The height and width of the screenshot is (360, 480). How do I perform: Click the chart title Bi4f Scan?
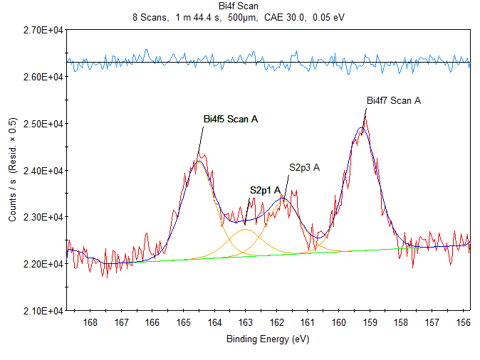(239, 6)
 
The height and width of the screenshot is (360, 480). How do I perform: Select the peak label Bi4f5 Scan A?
(230, 119)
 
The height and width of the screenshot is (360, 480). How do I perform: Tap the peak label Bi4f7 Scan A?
(393, 100)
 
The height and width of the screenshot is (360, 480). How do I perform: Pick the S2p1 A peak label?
(265, 190)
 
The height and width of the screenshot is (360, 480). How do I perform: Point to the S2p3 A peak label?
(304, 167)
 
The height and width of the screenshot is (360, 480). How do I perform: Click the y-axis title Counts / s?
(12, 170)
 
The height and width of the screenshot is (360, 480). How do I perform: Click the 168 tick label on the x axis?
(90, 323)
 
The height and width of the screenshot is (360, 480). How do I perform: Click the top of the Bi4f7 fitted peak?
(362, 128)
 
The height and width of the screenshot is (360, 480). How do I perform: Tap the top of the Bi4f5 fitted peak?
(199, 162)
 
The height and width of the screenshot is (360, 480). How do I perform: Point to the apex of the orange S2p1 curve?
(245, 230)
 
